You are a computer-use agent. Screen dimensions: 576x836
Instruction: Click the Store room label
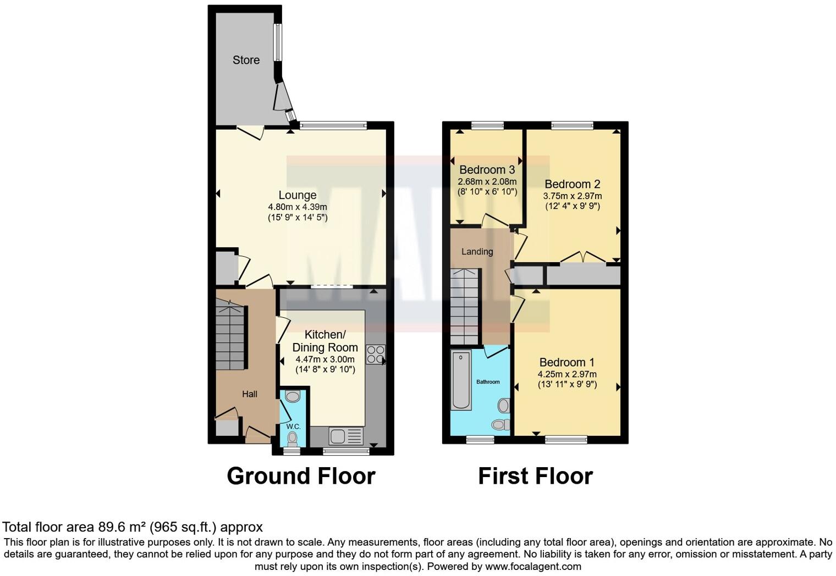246,60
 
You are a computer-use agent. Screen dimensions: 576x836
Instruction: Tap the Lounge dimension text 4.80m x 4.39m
297,207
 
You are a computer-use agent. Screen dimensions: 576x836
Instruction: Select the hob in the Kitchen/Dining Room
376,355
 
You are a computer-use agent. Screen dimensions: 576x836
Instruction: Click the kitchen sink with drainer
346,436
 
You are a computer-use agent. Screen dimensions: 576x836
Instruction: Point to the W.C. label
293,427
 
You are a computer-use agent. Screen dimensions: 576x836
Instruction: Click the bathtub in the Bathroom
461,380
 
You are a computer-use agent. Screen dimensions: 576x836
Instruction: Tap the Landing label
477,252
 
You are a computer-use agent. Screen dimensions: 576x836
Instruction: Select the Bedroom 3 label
487,169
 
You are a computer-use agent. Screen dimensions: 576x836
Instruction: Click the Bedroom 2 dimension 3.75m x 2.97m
572,196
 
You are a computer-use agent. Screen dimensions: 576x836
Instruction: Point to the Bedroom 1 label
566,362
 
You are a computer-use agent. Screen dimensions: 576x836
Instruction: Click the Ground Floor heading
301,476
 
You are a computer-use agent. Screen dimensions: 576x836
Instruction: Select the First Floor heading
535,476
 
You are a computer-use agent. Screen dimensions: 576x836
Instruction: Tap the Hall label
250,394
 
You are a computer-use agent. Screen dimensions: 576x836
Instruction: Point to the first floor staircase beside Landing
464,306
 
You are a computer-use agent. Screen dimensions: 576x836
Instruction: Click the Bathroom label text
488,382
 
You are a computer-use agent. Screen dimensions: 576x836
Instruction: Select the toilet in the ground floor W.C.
293,438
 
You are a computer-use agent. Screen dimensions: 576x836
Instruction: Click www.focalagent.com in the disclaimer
532,566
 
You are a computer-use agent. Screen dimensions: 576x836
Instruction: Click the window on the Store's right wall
278,42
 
